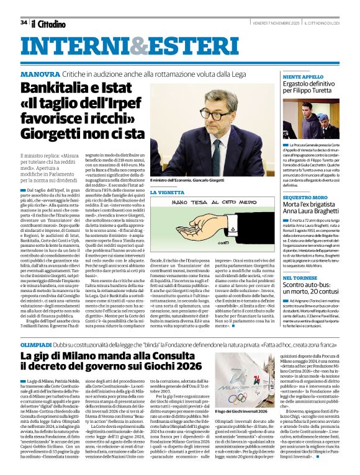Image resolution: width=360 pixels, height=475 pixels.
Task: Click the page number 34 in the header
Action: pyautogui.click(x=23, y=22)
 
